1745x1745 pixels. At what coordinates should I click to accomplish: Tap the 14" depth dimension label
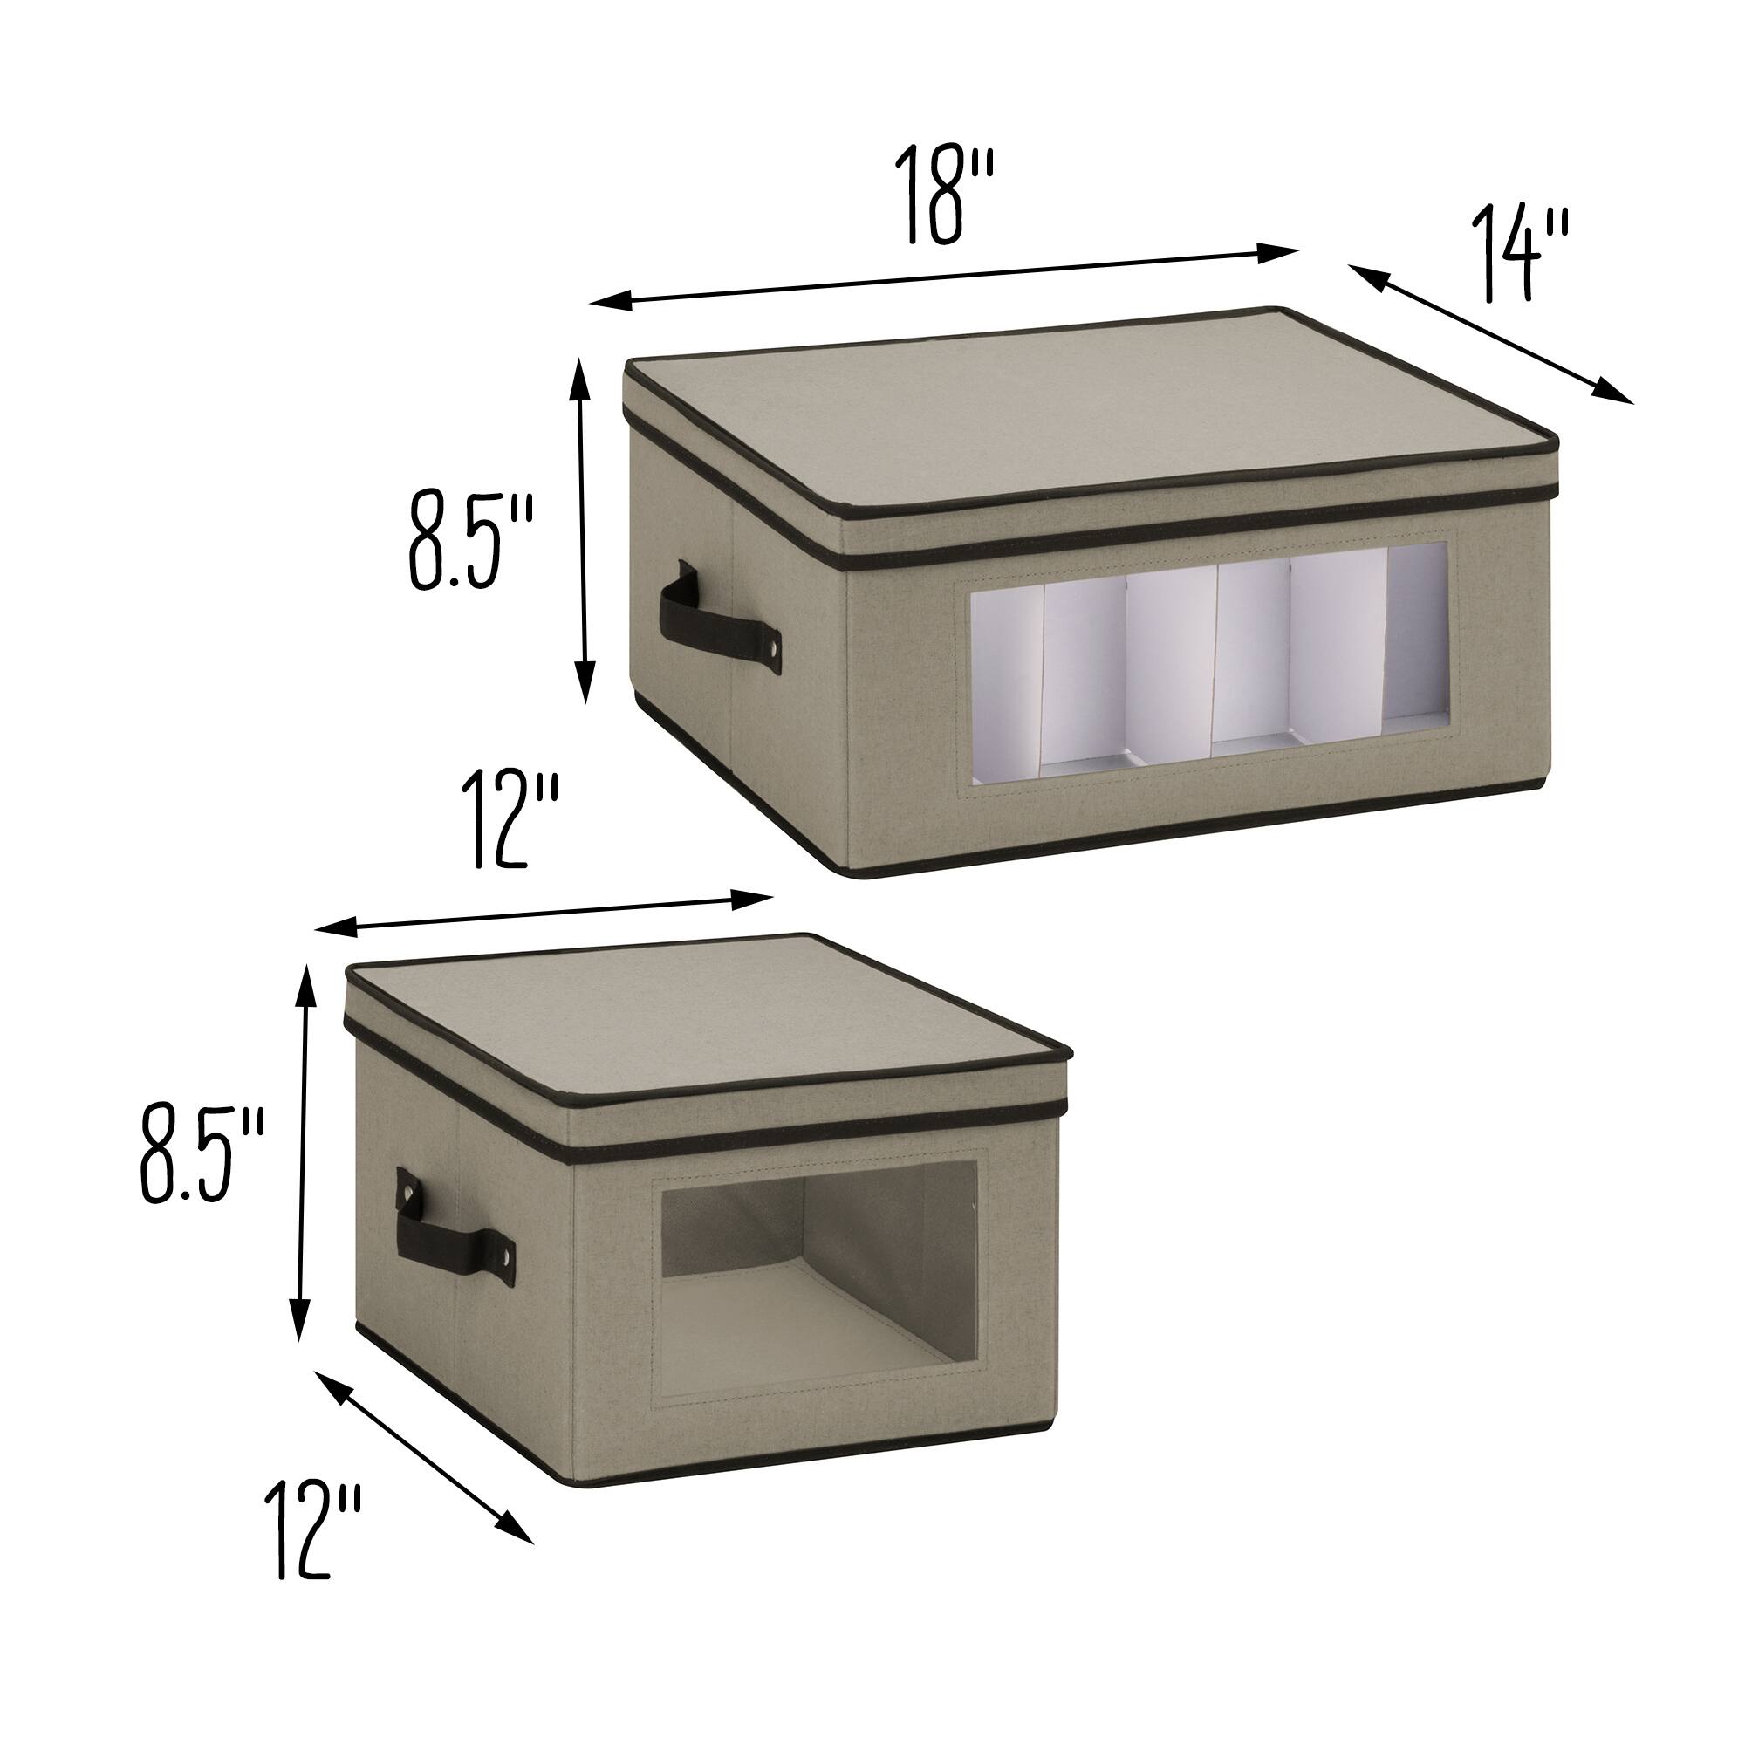pos(1520,255)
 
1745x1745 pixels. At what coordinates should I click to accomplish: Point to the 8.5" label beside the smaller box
pos(201,1157)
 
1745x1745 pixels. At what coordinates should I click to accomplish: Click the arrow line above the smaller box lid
pos(542,913)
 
